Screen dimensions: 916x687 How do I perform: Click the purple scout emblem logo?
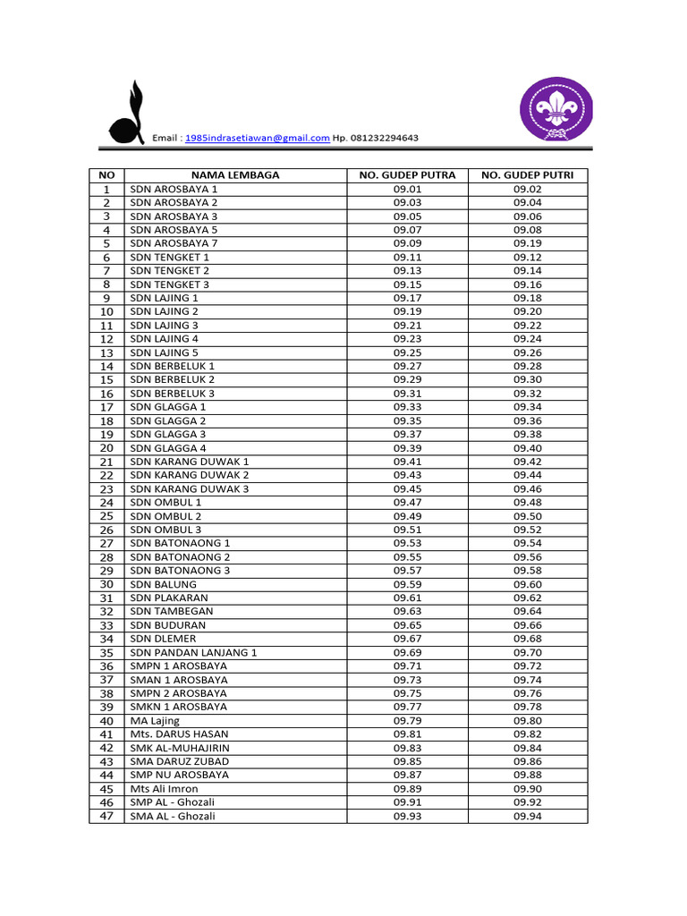(557, 113)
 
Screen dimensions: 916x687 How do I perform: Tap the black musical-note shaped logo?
(127, 117)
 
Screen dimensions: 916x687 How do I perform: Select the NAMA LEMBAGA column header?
(235, 175)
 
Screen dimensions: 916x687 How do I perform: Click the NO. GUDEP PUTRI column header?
(528, 175)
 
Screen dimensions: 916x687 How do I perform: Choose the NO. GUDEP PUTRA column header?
(407, 175)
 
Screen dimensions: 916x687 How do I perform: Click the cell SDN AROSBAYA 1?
(174, 189)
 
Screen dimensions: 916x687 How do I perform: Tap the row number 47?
(106, 816)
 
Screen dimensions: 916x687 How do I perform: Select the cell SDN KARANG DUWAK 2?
(190, 475)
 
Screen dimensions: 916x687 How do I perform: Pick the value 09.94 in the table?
(528, 816)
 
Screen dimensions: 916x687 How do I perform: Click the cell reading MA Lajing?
(155, 720)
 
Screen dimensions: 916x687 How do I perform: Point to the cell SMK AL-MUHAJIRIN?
(180, 748)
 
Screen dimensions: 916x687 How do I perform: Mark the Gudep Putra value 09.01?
(407, 189)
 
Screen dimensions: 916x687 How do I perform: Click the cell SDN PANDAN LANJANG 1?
(194, 652)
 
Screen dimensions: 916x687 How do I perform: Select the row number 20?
(106, 447)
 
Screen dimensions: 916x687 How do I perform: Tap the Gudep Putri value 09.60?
(528, 584)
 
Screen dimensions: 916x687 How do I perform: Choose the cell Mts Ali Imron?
(165, 789)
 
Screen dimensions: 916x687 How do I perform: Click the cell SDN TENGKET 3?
(170, 284)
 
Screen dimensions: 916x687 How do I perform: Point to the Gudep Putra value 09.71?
(407, 666)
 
